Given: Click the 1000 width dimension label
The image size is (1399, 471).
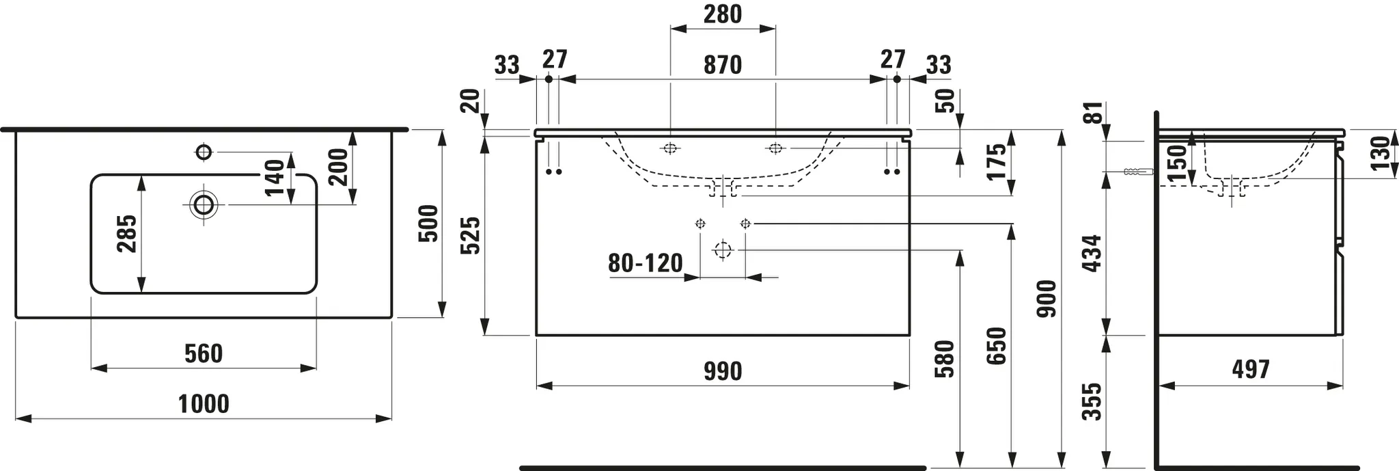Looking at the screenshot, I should click(204, 404).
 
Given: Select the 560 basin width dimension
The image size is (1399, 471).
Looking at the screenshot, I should click(204, 353).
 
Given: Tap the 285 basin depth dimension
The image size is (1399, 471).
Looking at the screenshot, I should click(127, 234).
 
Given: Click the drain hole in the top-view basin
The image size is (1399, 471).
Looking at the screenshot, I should click(204, 204).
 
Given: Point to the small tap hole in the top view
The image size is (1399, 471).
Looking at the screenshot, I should click(204, 151).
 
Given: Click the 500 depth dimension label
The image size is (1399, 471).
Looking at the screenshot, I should click(428, 224).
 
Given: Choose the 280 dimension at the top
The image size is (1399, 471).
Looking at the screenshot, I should click(722, 14).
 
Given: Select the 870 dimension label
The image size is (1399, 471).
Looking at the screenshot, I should click(722, 65).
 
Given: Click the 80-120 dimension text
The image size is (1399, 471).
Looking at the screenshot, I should click(646, 263).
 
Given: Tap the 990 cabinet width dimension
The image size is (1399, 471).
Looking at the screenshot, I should click(722, 371).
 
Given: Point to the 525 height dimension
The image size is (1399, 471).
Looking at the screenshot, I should click(471, 236).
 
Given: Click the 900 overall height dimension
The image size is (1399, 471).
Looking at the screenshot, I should click(1047, 299).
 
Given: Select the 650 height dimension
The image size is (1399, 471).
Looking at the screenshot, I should click(997, 346).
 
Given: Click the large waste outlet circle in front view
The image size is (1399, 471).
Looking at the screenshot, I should click(722, 250).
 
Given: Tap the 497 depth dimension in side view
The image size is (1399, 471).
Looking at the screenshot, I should click(1250, 369).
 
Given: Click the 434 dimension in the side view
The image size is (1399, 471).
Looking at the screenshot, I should click(1093, 254).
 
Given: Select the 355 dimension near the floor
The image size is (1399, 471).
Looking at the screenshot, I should click(1093, 402).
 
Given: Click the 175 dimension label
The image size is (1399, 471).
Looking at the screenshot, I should click(997, 161).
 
